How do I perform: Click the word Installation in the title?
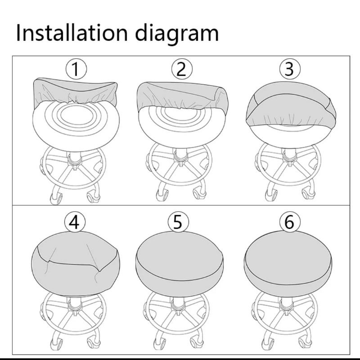(x=72, y=33)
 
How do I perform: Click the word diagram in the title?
(x=177, y=35)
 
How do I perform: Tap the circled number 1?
(x=76, y=69)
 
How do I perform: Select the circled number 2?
(x=182, y=69)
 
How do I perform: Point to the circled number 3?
(x=289, y=69)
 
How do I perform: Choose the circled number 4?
(x=75, y=222)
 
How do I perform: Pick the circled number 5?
(x=178, y=222)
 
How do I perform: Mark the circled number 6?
(x=290, y=222)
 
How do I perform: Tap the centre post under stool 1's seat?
(x=75, y=158)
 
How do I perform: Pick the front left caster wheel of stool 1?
(x=56, y=198)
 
